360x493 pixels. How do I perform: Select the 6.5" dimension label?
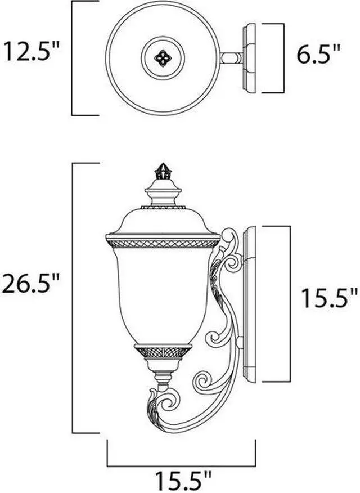pyautogui.click(x=319, y=56)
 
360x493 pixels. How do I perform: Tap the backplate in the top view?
pyautogui.click(x=250, y=58)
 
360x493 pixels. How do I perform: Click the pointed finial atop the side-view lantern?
pyautogui.click(x=163, y=170)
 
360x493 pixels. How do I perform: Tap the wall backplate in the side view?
pyautogui.click(x=249, y=304)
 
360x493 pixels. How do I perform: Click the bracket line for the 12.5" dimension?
pyautogui.click(x=74, y=58)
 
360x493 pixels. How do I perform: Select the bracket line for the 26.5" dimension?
pyautogui.click(x=74, y=298)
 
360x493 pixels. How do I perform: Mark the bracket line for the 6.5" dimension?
pyautogui.click(x=281, y=58)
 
